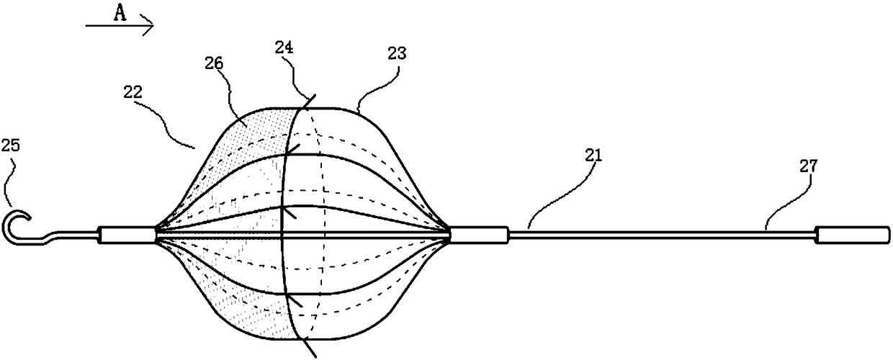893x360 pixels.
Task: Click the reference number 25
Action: [x=13, y=145]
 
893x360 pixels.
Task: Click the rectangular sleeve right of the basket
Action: [x=480, y=234]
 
